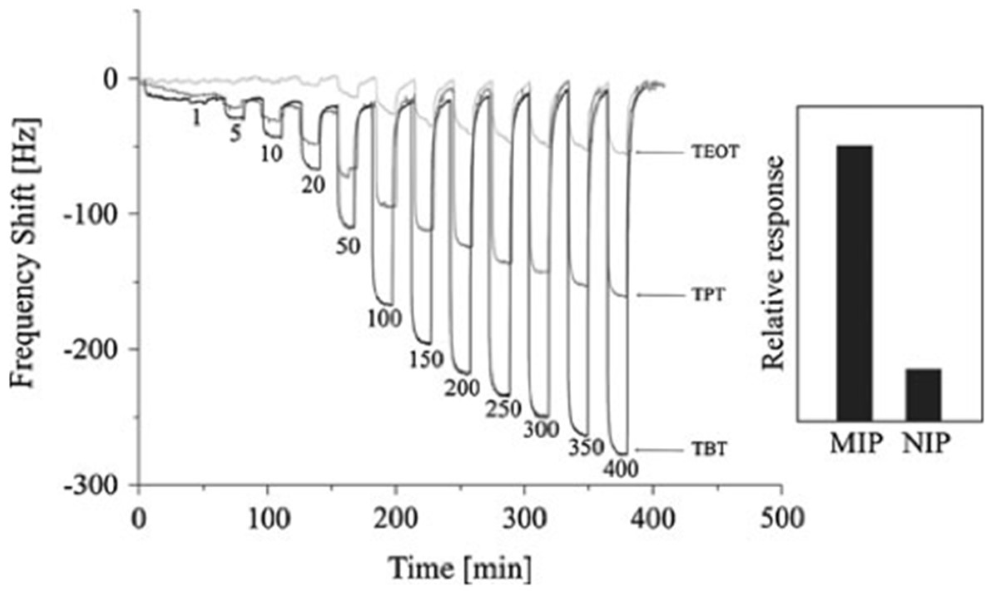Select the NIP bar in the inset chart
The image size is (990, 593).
(923, 395)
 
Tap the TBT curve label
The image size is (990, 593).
(710, 449)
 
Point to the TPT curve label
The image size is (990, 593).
(709, 295)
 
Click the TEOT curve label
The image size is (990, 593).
(715, 152)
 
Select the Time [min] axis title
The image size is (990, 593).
(460, 567)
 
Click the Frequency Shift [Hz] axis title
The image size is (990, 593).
(26, 254)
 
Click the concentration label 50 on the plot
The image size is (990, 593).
(348, 246)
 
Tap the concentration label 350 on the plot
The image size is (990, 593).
(586, 447)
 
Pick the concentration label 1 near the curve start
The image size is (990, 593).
(196, 119)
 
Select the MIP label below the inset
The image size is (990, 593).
(856, 444)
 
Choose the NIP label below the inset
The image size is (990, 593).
(926, 444)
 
